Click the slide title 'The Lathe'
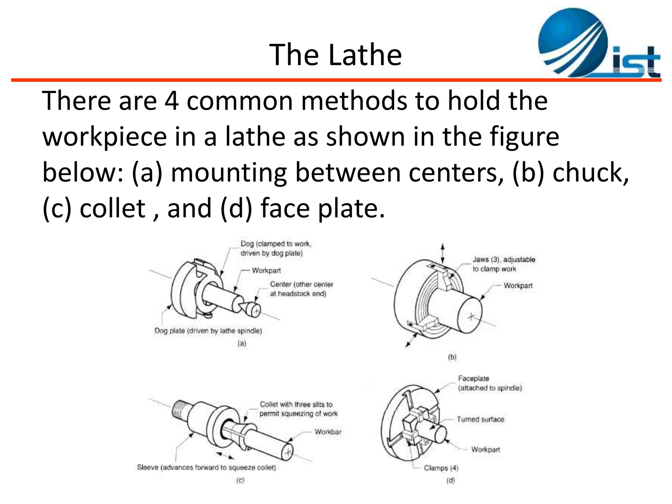click(335, 55)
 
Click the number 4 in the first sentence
click(172, 101)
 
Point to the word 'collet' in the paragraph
click(113, 208)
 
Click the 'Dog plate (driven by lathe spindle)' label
click(208, 331)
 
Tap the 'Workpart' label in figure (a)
click(266, 271)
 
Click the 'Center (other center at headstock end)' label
click(301, 289)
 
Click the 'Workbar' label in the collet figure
click(328, 432)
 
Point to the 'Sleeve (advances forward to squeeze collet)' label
click(206, 467)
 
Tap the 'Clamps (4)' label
click(441, 468)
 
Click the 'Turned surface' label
click(480, 419)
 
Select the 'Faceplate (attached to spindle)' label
click(490, 383)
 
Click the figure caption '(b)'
click(452, 357)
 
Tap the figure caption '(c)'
click(240, 480)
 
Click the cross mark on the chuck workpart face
click(471, 317)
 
